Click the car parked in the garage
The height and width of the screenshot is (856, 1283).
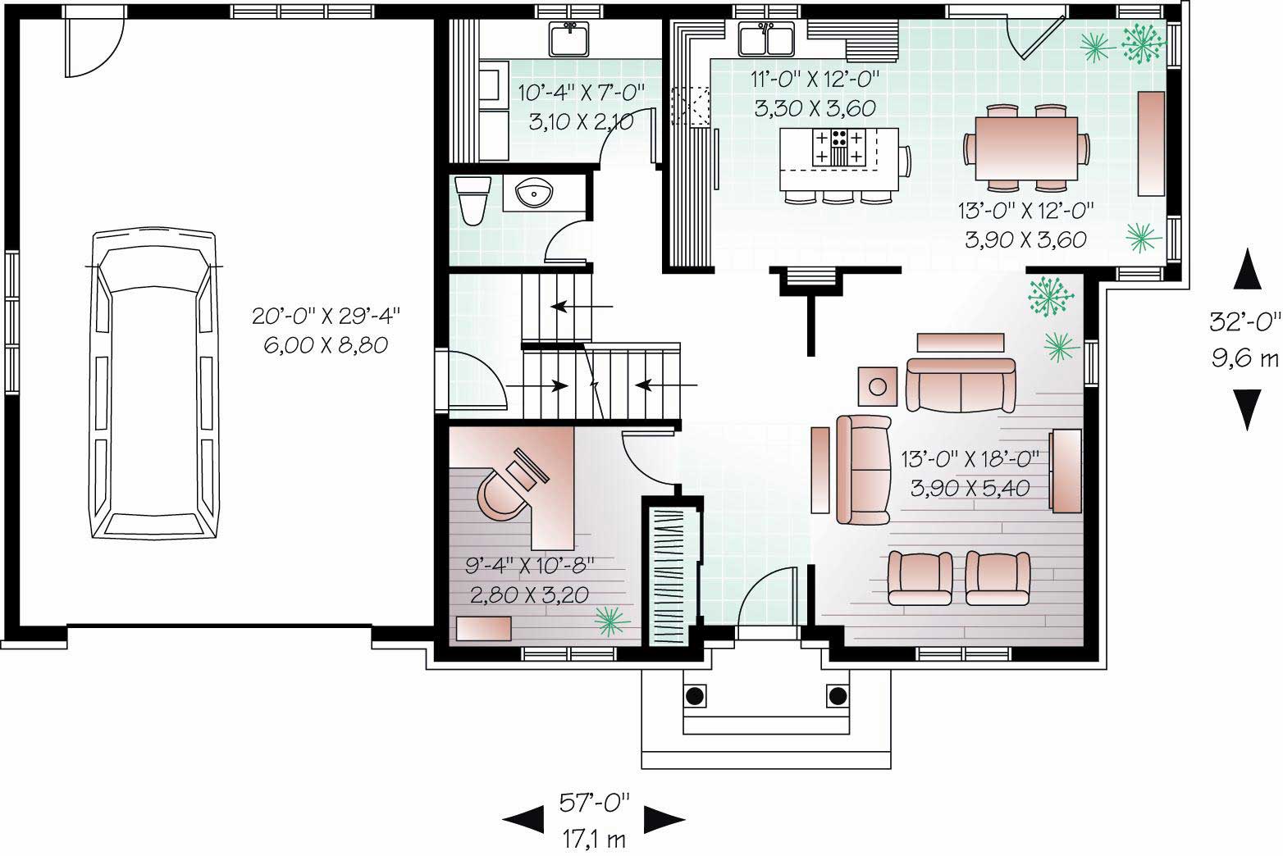click(x=155, y=385)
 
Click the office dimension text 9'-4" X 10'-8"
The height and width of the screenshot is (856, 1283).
click(x=530, y=566)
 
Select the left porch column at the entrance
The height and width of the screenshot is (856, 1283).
click(x=694, y=695)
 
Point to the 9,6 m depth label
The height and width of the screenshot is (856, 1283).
click(x=1244, y=358)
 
